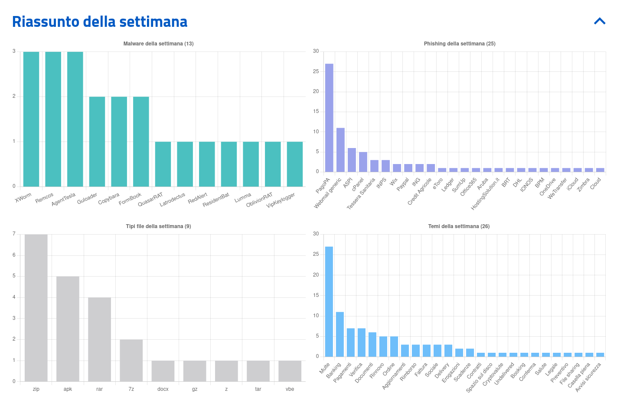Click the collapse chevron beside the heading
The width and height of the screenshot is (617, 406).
tap(600, 21)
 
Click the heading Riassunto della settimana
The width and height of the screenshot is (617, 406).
tap(100, 22)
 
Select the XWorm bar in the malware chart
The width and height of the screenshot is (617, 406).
tap(31, 119)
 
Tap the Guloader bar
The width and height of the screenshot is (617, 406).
tap(97, 142)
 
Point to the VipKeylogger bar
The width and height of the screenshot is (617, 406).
tap(295, 164)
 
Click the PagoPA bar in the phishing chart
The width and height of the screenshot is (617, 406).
tap(329, 118)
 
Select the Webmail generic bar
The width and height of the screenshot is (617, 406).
tap(340, 150)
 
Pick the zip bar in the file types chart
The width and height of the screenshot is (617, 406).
tap(36, 308)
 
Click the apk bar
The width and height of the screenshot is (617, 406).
tap(68, 329)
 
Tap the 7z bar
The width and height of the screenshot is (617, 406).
tap(131, 360)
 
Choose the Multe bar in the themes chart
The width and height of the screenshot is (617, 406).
tap(329, 302)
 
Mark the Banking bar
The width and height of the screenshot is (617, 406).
tap(340, 334)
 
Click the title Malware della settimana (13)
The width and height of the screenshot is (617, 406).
tap(158, 44)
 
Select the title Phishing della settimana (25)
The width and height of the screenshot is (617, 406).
tap(460, 44)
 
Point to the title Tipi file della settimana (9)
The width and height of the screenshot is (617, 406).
tap(158, 226)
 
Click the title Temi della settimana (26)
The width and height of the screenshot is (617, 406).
tap(459, 226)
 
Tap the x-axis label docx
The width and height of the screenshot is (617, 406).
tap(163, 389)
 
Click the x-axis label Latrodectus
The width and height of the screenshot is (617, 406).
tap(173, 200)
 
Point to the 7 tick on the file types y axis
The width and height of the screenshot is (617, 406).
tap(14, 234)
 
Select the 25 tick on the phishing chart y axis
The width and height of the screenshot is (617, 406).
tap(316, 71)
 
